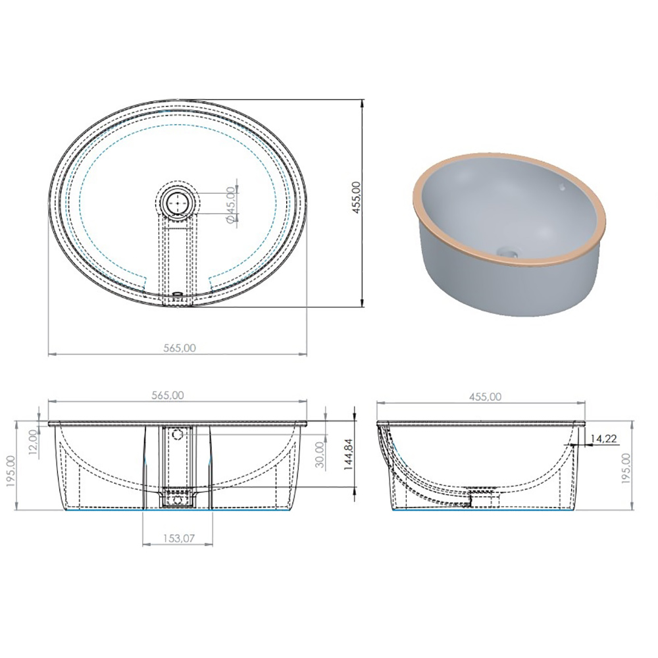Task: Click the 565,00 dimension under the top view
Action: point(179,347)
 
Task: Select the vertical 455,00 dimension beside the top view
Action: point(356,197)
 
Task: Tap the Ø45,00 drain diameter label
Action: point(231,205)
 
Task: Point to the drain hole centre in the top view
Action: point(178,202)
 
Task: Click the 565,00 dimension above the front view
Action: point(167,395)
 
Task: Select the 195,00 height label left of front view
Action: point(11,465)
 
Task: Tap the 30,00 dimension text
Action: point(320,455)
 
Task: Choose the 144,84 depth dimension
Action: point(349,454)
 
